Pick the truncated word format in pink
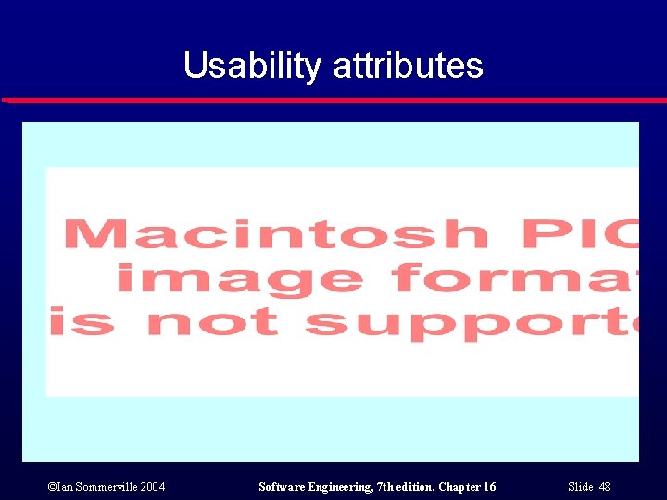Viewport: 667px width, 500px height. pyautogui.click(x=515, y=278)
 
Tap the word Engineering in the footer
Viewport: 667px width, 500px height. pyautogui.click(x=344, y=487)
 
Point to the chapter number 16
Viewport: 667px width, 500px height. pyautogui.click(x=489, y=487)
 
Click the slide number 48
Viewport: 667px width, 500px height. pyautogui.click(x=604, y=487)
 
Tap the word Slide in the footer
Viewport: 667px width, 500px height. pyautogui.click(x=580, y=487)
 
